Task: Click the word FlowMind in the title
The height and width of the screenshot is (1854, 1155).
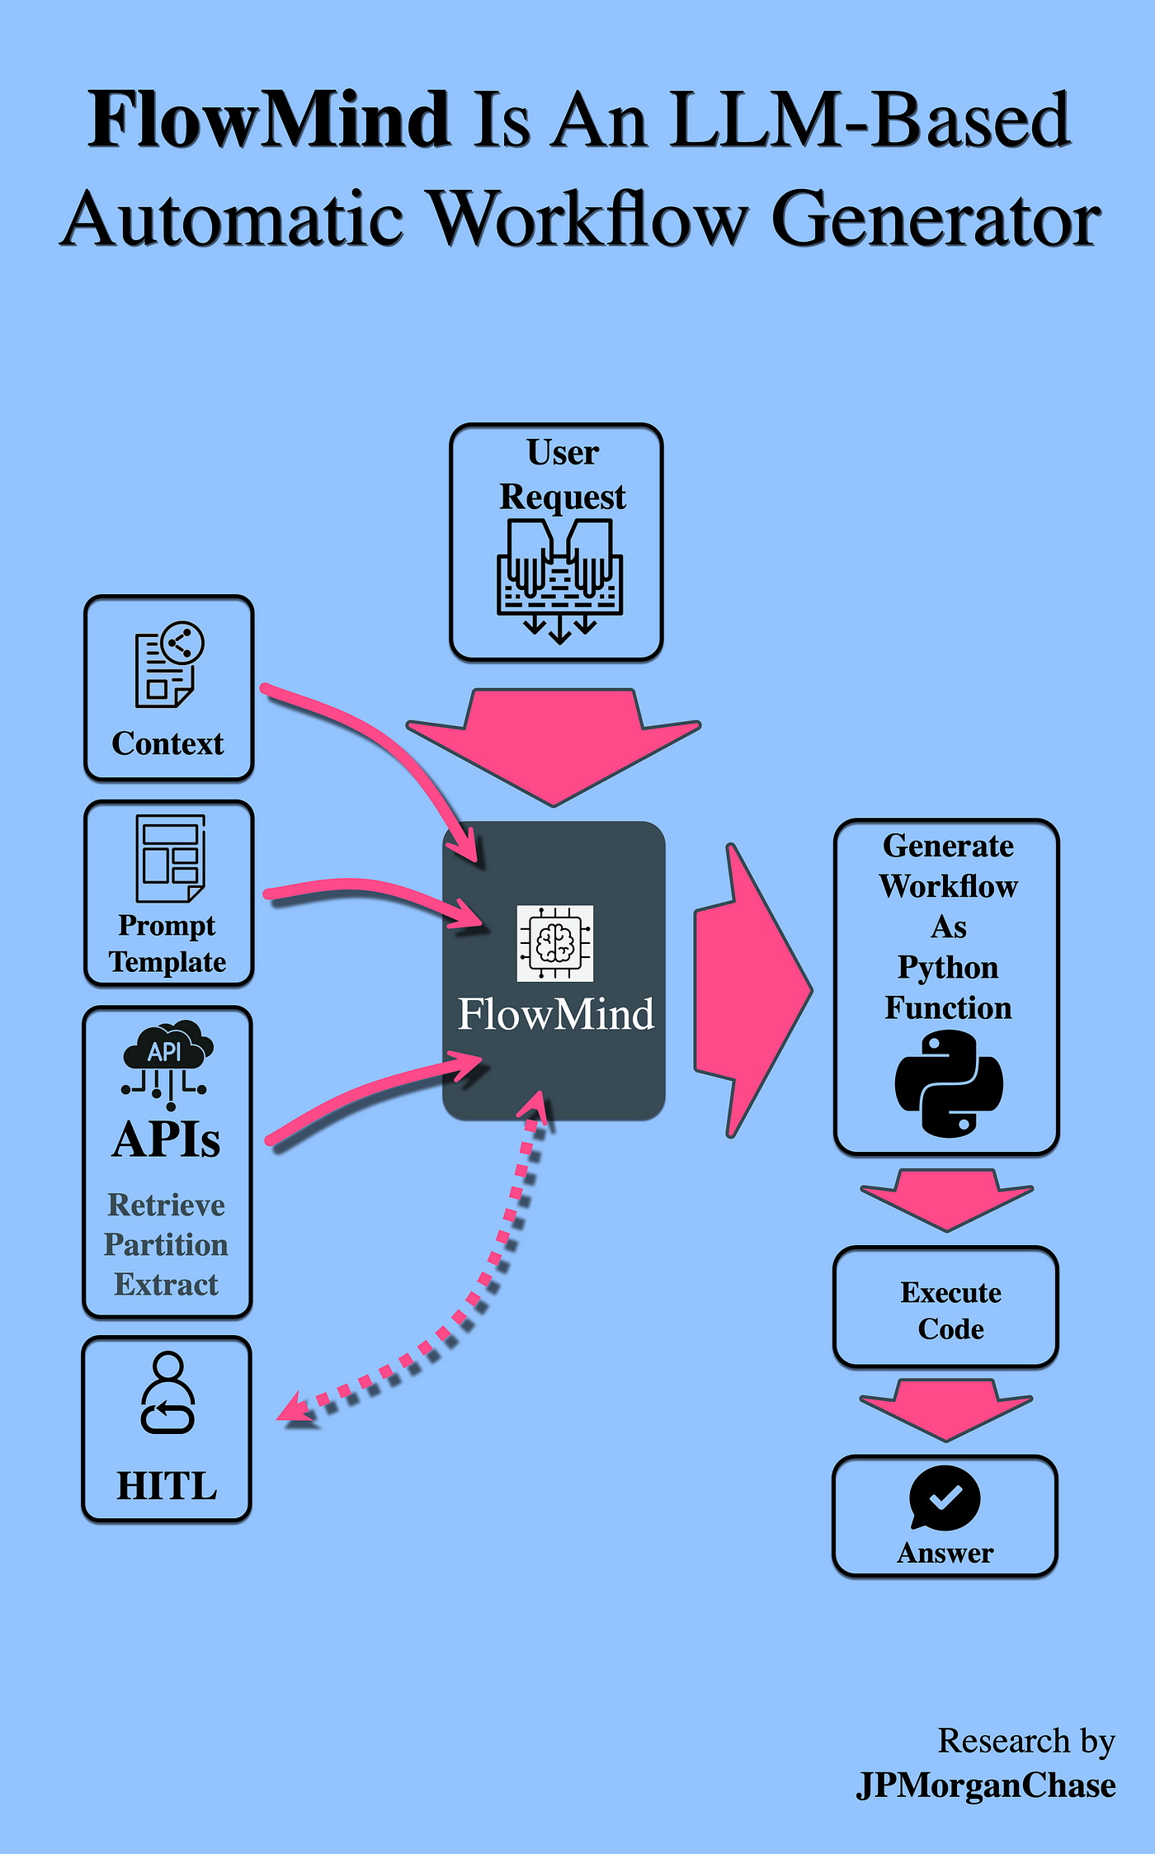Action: click(x=269, y=120)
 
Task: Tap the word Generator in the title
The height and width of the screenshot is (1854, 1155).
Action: click(x=936, y=219)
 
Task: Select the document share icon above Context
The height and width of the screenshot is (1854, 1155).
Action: click(x=169, y=664)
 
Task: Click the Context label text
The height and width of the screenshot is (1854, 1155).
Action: click(x=167, y=743)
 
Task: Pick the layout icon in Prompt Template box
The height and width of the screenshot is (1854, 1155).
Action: click(x=170, y=858)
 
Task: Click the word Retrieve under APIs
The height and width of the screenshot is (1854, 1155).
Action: click(x=166, y=1205)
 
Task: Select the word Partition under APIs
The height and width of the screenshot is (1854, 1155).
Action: click(x=166, y=1244)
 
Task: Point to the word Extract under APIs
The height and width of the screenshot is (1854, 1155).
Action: click(x=166, y=1285)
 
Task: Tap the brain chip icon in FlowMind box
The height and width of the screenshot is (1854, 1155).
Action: click(x=554, y=943)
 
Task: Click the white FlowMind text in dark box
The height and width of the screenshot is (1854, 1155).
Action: click(x=555, y=1014)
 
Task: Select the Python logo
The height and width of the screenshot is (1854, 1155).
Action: click(x=949, y=1084)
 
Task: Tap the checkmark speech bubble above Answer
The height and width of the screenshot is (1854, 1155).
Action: click(x=945, y=1498)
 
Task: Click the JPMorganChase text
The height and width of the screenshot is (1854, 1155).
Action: click(x=986, y=1786)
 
